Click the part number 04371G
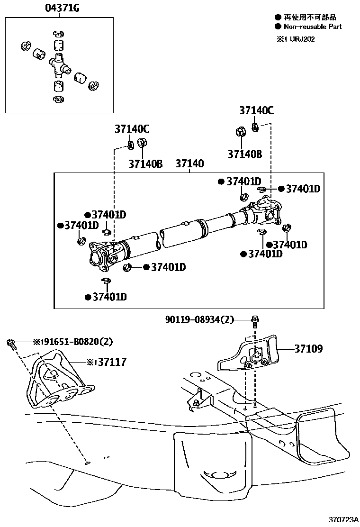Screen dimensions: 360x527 pyautogui.click(x=62, y=8)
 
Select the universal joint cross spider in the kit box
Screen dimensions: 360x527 pyautogui.click(x=60, y=65)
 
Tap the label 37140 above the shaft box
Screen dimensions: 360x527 pyautogui.click(x=190, y=164)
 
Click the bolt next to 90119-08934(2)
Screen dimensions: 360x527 pyautogui.click(x=255, y=320)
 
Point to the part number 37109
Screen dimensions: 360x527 pyautogui.click(x=308, y=348)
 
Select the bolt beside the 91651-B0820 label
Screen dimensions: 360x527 pyautogui.click(x=11, y=345)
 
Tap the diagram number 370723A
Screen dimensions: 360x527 pyautogui.click(x=343, y=519)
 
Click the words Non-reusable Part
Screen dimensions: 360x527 pyautogui.click(x=313, y=27)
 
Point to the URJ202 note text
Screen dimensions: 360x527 pyautogui.click(x=302, y=39)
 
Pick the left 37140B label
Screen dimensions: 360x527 pyautogui.click(x=145, y=164)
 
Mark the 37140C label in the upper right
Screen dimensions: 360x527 pyautogui.click(x=256, y=110)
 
